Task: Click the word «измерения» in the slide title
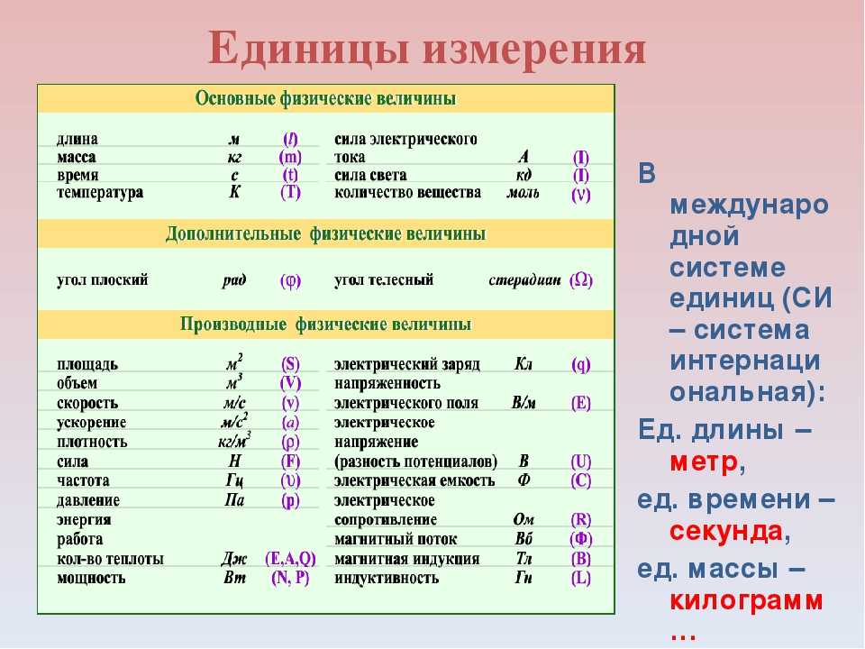pyautogui.click(x=534, y=50)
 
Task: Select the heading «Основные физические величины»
pyautogui.click(x=325, y=99)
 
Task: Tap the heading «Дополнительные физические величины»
pyautogui.click(x=325, y=234)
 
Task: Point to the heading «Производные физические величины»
pyautogui.click(x=325, y=324)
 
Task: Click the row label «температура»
pyautogui.click(x=100, y=193)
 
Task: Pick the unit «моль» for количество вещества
pyautogui.click(x=523, y=193)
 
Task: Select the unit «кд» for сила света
pyautogui.click(x=524, y=175)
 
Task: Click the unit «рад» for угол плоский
pyautogui.click(x=234, y=280)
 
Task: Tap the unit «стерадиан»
pyautogui.click(x=524, y=280)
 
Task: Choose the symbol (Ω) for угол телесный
pyautogui.click(x=581, y=280)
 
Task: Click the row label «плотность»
pyautogui.click(x=92, y=442)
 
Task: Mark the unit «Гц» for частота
pyautogui.click(x=234, y=480)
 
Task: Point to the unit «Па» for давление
pyautogui.click(x=234, y=500)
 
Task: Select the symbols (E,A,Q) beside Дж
pyautogui.click(x=290, y=559)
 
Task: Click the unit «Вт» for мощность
pyautogui.click(x=234, y=578)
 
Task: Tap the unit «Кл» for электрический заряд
pyautogui.click(x=523, y=364)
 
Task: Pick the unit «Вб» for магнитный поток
pyautogui.click(x=524, y=539)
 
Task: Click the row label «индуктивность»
pyautogui.click(x=387, y=578)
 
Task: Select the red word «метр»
pyautogui.click(x=704, y=462)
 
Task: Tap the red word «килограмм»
pyautogui.click(x=746, y=600)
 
